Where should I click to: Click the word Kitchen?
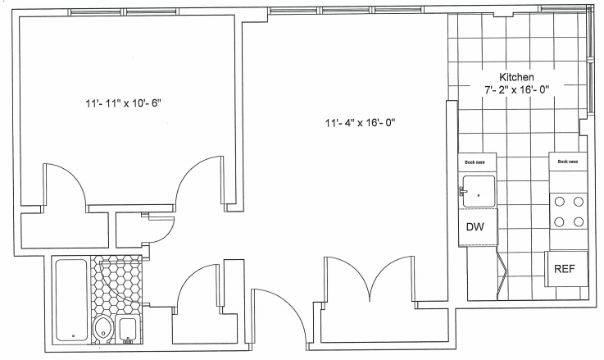tap(516, 77)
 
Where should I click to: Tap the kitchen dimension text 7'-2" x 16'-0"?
tap(516, 89)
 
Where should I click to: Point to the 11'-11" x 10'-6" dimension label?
tap(123, 103)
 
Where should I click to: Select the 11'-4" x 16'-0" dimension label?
tap(361, 123)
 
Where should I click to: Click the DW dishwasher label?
tap(475, 227)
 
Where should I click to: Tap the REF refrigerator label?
tap(565, 269)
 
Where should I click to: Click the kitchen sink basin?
tap(479, 192)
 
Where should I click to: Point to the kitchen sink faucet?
tap(462, 191)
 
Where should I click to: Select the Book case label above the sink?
tap(475, 162)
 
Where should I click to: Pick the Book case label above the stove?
tap(568, 162)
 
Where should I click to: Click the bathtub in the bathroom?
tap(71, 300)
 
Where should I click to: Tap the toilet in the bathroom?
tap(102, 329)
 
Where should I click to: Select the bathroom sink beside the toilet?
tap(128, 329)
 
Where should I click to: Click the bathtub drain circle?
tap(74, 336)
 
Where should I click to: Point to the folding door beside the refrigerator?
tap(502, 274)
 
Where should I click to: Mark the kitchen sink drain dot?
tap(479, 195)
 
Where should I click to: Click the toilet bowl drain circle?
tap(103, 333)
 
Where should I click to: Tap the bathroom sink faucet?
tap(128, 340)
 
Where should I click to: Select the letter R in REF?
tap(557, 269)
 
